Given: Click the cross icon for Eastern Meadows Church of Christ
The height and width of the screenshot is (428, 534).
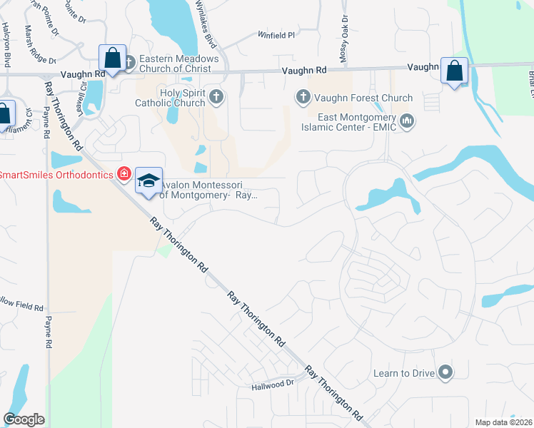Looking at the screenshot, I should (x=129, y=63).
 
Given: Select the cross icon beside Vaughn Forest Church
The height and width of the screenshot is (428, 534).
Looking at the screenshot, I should (x=302, y=96).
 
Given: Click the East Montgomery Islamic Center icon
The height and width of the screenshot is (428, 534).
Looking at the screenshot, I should (x=407, y=120).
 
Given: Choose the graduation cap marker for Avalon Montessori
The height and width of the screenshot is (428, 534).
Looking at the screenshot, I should (x=148, y=181).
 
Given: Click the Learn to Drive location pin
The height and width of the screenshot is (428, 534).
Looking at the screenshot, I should (x=446, y=372).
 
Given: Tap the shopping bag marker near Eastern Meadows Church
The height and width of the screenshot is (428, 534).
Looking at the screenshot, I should (x=112, y=57).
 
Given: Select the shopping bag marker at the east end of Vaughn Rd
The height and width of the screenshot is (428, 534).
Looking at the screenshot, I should (x=454, y=70).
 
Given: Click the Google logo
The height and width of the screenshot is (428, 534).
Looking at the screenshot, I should (x=24, y=419).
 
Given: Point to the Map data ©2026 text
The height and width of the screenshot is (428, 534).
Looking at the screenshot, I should (x=503, y=422).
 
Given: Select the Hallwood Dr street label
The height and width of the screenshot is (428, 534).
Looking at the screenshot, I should (x=273, y=384).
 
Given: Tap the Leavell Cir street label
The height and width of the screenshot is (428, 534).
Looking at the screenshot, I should (x=83, y=93).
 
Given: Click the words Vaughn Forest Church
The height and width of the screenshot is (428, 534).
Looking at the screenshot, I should (x=363, y=98).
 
